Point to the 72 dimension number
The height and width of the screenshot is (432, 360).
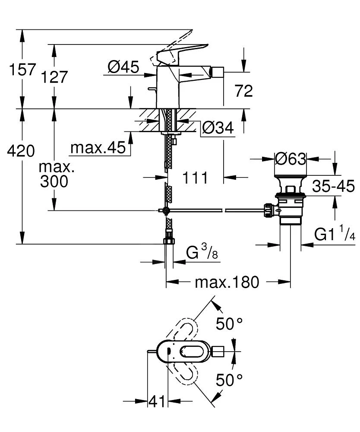243,91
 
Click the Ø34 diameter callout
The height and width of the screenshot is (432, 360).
218,127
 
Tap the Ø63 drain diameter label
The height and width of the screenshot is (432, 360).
291,159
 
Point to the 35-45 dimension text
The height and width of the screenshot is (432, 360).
333,186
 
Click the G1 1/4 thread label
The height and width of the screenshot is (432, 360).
335,235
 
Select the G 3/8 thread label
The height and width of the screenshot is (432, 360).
202,253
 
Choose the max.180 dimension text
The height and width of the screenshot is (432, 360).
227,283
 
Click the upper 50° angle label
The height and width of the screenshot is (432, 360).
230,324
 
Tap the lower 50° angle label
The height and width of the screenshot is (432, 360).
230,380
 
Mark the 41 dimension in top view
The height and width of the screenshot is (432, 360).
157,401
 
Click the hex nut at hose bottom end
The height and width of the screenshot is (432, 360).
169,241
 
